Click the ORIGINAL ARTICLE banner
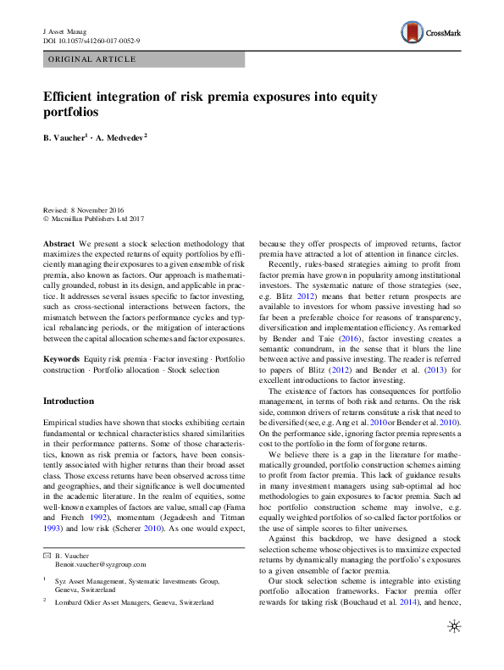[92, 59]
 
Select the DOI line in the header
[91, 41]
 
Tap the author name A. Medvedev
[123, 136]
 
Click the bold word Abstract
[59, 243]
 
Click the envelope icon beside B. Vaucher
[47, 554]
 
